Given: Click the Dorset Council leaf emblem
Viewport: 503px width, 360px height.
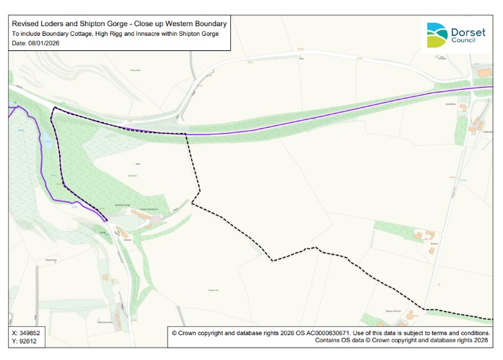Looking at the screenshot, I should click(x=436, y=34).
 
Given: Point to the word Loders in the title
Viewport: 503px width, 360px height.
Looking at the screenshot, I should click(x=57, y=23).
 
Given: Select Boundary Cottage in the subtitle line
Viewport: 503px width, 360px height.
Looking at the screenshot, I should click(x=72, y=34).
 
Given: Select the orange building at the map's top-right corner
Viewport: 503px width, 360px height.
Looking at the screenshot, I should click(x=486, y=72).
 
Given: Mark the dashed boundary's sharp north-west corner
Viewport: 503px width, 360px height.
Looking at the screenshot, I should click(x=54, y=108).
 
